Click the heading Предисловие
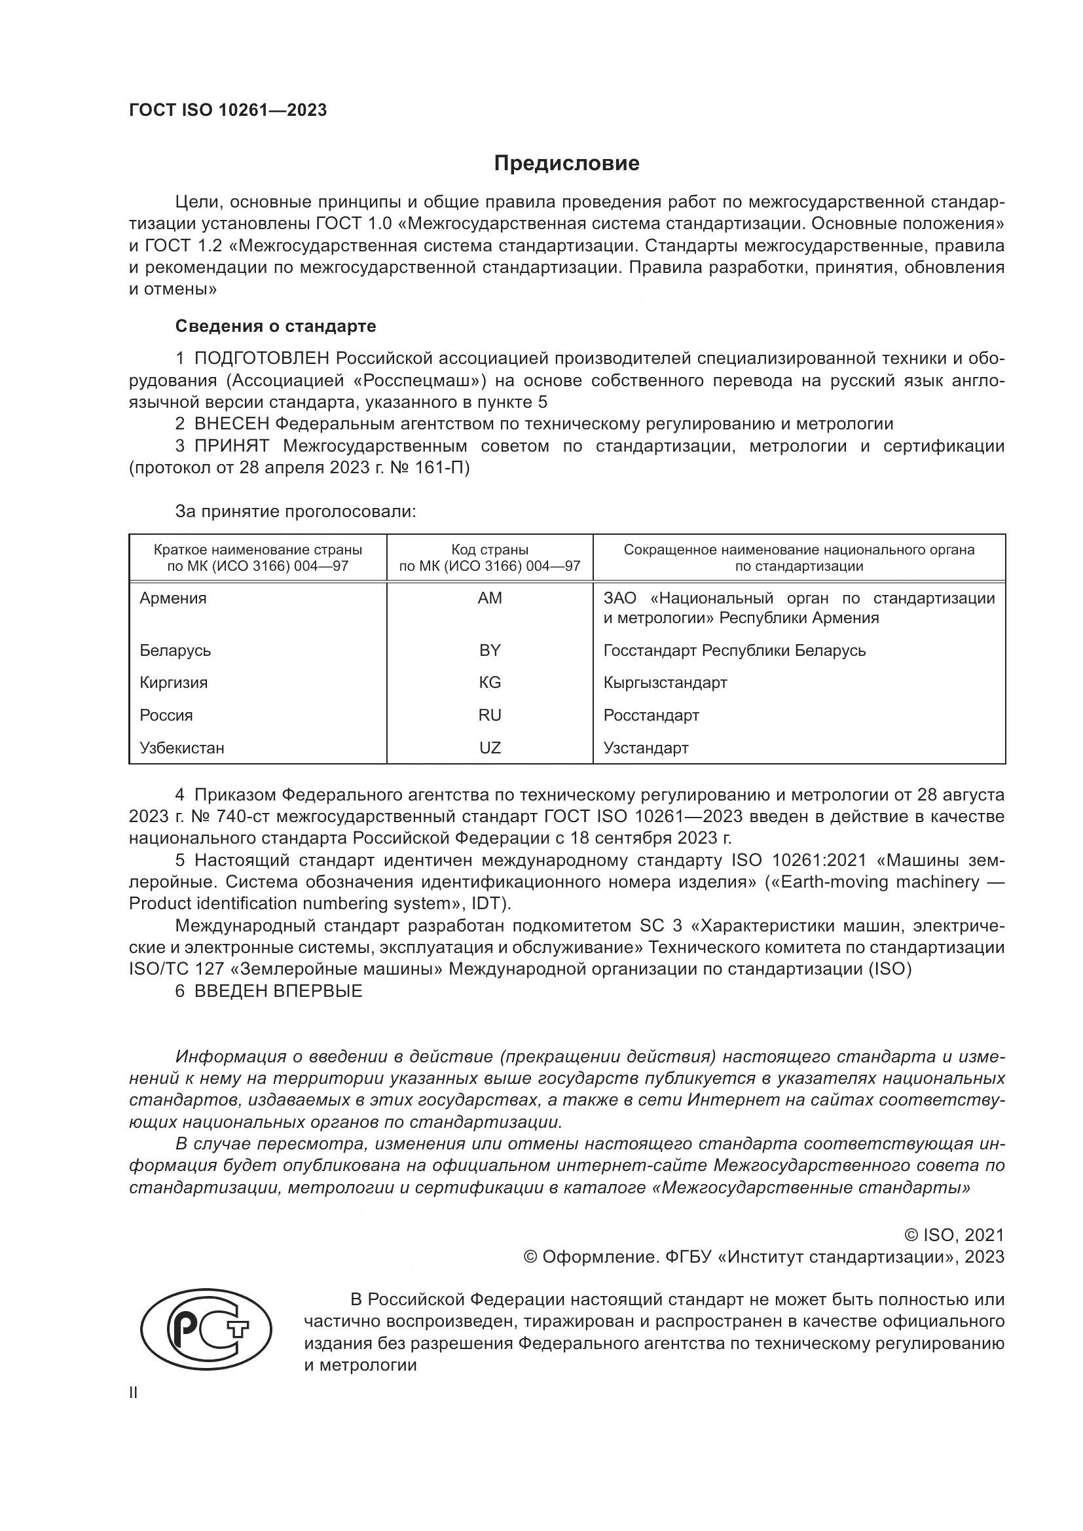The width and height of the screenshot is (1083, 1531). [566, 164]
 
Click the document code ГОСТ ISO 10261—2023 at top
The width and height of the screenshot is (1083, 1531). [228, 110]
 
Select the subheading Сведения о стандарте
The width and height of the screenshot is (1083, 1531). [276, 326]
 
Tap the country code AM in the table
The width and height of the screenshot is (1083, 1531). [490, 598]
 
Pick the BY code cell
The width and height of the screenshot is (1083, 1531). [490, 650]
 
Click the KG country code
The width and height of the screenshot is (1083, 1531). [490, 682]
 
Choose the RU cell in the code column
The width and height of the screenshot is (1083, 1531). [490, 715]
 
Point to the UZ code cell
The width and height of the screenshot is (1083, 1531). [490, 747]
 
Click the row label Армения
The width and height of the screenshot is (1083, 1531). [173, 598]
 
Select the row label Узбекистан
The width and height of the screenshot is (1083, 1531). [181, 747]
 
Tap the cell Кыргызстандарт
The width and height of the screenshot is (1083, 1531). [665, 682]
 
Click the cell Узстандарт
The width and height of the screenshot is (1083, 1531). [646, 747]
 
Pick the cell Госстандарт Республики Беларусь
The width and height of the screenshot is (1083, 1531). [734, 650]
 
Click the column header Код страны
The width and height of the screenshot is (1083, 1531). [490, 550]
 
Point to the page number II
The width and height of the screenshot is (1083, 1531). [134, 1393]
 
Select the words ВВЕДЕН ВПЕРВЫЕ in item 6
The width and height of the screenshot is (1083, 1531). [278, 991]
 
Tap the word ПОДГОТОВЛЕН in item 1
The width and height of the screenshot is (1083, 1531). [261, 359]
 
